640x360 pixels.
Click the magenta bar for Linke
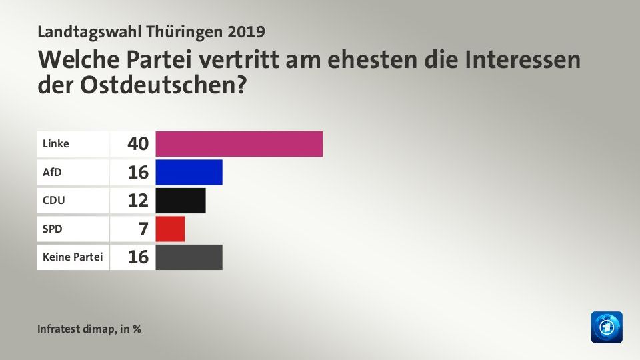pyautogui.click(x=239, y=144)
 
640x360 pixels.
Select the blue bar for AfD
pyautogui.click(x=189, y=172)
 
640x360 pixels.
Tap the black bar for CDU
pyautogui.click(x=181, y=200)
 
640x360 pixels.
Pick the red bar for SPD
pyautogui.click(x=170, y=229)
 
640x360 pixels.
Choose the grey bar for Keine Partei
pyautogui.click(x=189, y=257)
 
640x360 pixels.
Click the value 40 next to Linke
pyautogui.click(x=137, y=144)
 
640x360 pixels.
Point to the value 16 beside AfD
pyautogui.click(x=137, y=172)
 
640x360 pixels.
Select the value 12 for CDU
pyautogui.click(x=137, y=200)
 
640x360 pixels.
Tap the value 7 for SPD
pyautogui.click(x=143, y=229)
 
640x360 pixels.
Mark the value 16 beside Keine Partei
pyautogui.click(x=137, y=257)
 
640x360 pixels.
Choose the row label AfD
pyautogui.click(x=51, y=172)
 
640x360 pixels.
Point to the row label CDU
pyautogui.click(x=53, y=200)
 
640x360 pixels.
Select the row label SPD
pyautogui.click(x=51, y=229)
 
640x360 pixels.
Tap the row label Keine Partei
pyautogui.click(x=71, y=257)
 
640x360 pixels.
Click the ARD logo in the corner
pyautogui.click(x=606, y=327)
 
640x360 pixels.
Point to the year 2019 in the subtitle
pyautogui.click(x=247, y=31)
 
